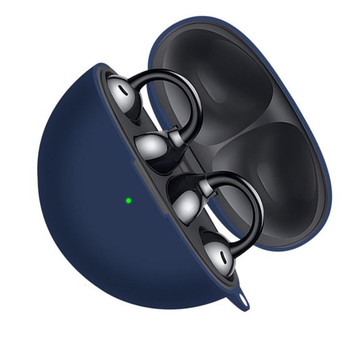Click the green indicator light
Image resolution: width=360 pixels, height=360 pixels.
[x=128, y=201]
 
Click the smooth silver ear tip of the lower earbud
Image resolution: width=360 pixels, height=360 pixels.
[x=186, y=202]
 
